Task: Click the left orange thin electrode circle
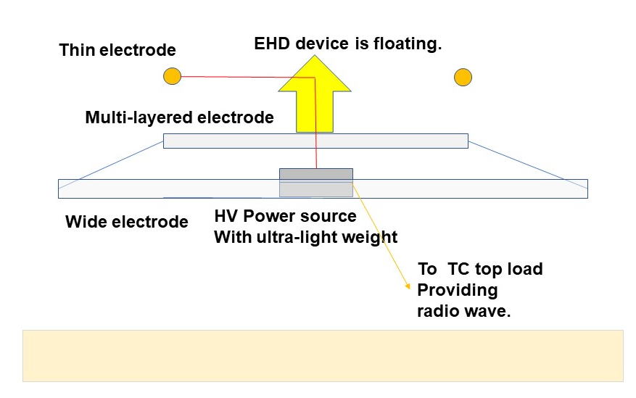[x=172, y=76]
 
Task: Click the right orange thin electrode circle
[x=463, y=77]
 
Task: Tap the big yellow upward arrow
[x=315, y=94]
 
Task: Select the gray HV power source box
[x=316, y=183]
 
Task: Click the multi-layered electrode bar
[x=315, y=141]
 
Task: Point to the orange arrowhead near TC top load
[x=408, y=286]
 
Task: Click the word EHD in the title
[x=272, y=43]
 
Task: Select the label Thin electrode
[x=117, y=50]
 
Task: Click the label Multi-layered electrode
[x=180, y=117]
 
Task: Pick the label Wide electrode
[x=127, y=222]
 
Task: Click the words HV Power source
[x=285, y=216]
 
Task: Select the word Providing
[x=458, y=291]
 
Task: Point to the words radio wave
[x=463, y=311]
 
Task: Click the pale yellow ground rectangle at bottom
[x=323, y=356]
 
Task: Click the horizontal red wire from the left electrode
[x=248, y=77]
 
